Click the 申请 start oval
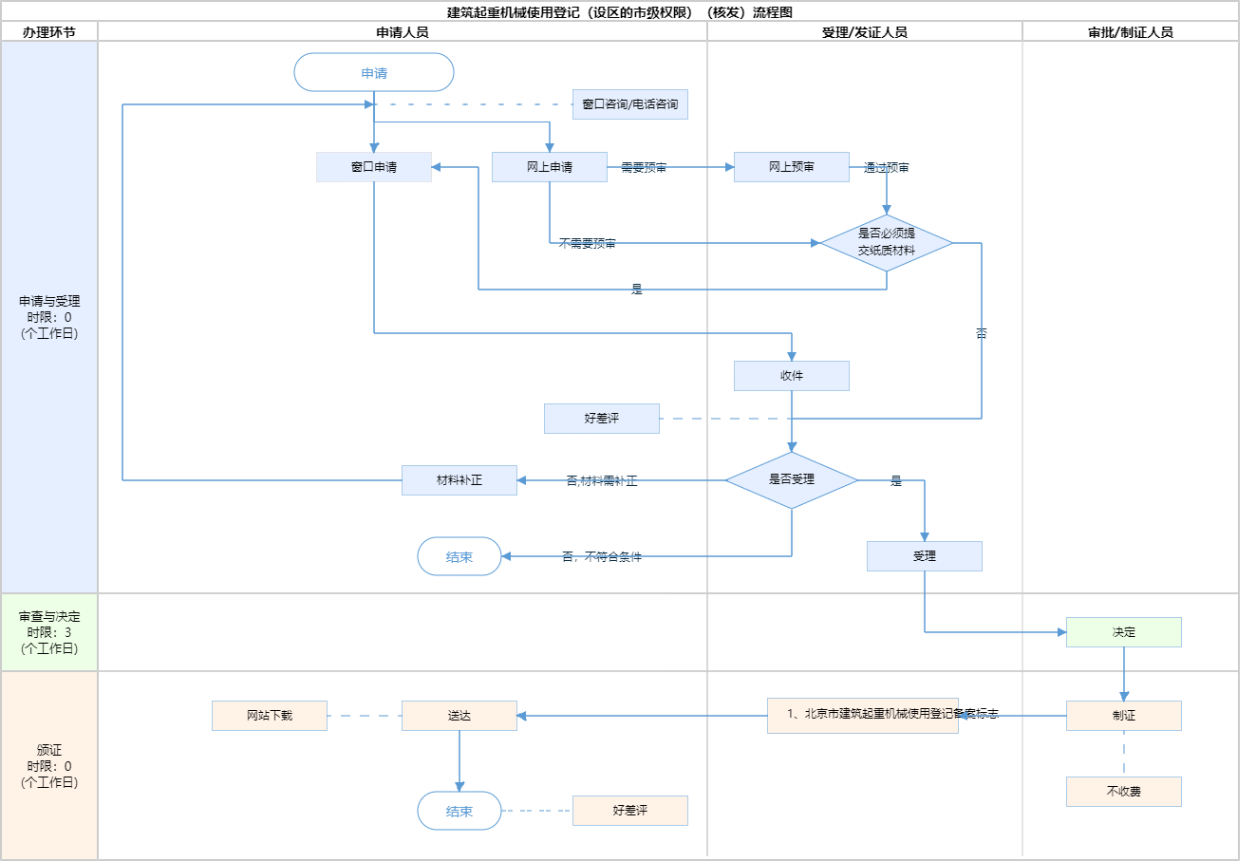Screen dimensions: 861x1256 click(374, 72)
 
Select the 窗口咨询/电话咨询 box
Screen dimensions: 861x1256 click(629, 104)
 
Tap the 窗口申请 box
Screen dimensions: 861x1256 click(374, 167)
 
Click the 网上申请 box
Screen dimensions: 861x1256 click(549, 167)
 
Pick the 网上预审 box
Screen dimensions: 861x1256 click(791, 167)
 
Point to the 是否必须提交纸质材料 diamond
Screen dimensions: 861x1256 click(887, 243)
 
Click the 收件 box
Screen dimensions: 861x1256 click(791, 376)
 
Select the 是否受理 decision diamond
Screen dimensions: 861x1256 click(791, 480)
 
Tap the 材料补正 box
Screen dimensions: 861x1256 click(459, 480)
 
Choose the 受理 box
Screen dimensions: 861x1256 click(924, 556)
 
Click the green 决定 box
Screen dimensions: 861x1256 click(1123, 632)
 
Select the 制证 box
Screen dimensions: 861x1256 click(1123, 716)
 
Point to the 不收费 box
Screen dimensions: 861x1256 click(1123, 792)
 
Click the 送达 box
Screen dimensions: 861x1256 click(459, 716)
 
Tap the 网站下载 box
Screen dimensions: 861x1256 click(270, 716)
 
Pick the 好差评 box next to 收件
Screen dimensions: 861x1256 click(601, 419)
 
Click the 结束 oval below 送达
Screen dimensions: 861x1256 click(459, 811)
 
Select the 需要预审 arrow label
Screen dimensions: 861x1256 click(644, 168)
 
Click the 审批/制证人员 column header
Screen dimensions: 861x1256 click(1130, 32)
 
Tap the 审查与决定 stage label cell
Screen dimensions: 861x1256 click(49, 632)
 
